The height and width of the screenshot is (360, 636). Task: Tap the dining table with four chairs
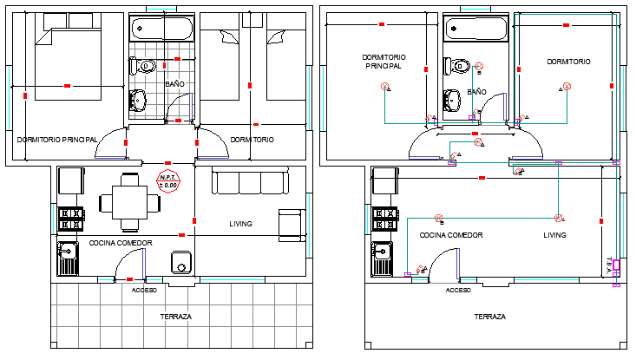point(130,203)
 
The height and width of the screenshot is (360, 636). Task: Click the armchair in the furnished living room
point(291,223)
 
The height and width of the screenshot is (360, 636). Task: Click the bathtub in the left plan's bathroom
point(161,29)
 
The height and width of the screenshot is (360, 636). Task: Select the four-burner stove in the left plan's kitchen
point(69,219)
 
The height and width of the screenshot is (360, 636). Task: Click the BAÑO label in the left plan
point(174,83)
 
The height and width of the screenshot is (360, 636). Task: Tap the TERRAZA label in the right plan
point(490,317)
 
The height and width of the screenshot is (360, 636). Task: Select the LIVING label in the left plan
point(240,224)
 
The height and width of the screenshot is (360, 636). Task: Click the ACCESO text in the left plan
point(144,290)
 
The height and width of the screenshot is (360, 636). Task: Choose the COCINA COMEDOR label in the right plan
point(451,235)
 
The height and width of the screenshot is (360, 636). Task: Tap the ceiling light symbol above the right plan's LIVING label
point(558,218)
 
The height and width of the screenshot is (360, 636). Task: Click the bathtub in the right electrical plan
point(475,29)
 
